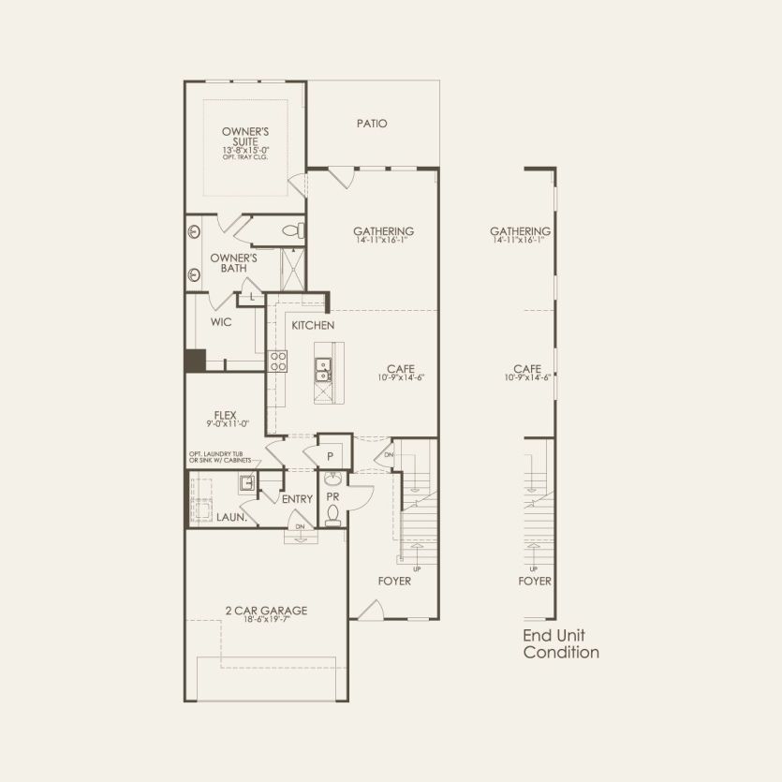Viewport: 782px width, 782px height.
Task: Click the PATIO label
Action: click(x=372, y=124)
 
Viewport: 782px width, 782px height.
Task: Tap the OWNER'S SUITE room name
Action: click(x=245, y=137)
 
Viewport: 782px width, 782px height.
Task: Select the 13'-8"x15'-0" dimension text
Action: click(x=245, y=150)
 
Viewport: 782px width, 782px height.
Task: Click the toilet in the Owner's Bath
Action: click(x=290, y=229)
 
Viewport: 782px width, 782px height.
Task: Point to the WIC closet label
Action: click(x=221, y=321)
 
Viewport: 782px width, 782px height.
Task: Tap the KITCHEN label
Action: click(x=314, y=325)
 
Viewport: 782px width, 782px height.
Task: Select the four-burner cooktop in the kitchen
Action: click(x=278, y=361)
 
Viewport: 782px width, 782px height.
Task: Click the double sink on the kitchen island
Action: click(x=323, y=371)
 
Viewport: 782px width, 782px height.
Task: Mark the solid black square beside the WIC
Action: click(x=195, y=361)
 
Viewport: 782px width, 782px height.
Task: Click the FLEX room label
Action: click(x=224, y=415)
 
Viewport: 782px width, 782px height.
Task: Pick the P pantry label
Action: click(x=331, y=456)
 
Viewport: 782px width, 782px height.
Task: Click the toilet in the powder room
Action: click(x=332, y=514)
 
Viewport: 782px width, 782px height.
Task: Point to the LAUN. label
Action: click(x=231, y=517)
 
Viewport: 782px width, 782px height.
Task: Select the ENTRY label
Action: click(x=297, y=499)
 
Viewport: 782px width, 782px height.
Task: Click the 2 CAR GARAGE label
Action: click(x=266, y=611)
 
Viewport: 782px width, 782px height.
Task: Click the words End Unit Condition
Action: click(x=560, y=644)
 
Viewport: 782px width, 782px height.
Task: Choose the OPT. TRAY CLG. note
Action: click(x=245, y=157)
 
